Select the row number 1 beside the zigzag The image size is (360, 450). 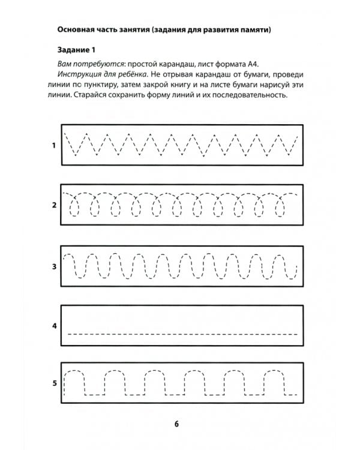click(x=54, y=145)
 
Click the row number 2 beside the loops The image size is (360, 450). click(x=54, y=205)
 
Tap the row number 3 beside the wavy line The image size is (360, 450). click(x=54, y=266)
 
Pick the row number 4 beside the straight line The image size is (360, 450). click(x=54, y=326)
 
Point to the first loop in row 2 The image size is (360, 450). click(x=76, y=208)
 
